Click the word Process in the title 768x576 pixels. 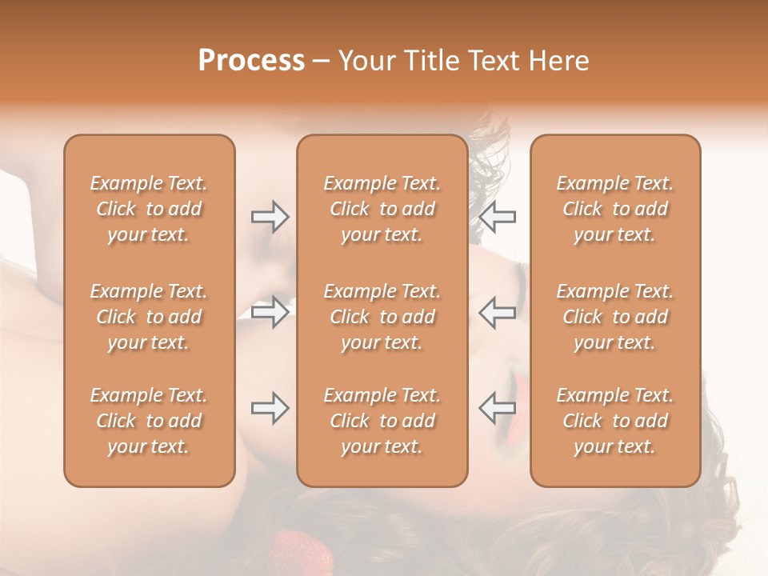click(x=251, y=61)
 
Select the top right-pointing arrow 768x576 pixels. click(x=270, y=217)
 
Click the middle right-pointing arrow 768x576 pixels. click(x=270, y=312)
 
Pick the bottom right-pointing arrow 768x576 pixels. click(x=270, y=408)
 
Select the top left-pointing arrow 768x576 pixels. click(x=498, y=217)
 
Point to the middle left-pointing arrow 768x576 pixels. click(x=498, y=312)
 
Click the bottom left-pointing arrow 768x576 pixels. click(x=498, y=408)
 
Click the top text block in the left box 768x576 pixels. click(x=149, y=209)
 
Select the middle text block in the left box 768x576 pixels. click(x=149, y=317)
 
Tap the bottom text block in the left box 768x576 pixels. click(x=149, y=421)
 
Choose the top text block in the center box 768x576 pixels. click(x=382, y=209)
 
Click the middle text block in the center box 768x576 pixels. click(x=382, y=317)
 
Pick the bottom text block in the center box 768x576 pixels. click(x=382, y=421)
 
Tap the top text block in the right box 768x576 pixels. click(x=614, y=209)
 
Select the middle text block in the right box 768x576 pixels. click(x=614, y=317)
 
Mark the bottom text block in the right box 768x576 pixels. click(x=614, y=421)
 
